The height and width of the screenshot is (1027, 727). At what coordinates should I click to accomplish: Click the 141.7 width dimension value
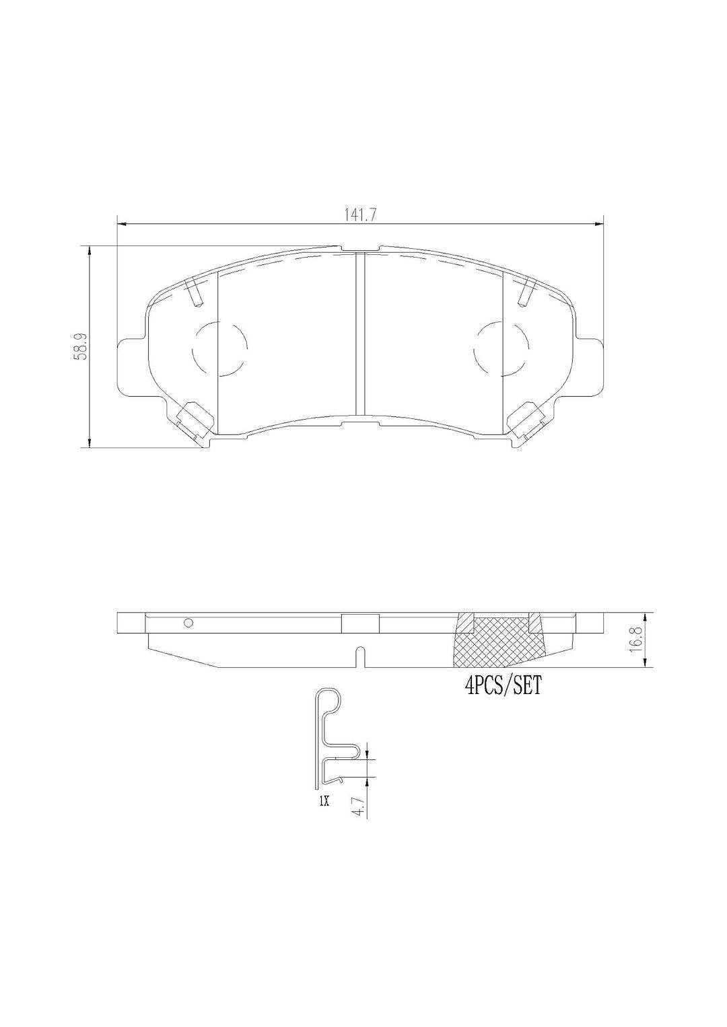(360, 215)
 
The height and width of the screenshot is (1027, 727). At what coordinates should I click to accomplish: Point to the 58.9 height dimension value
(82, 348)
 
